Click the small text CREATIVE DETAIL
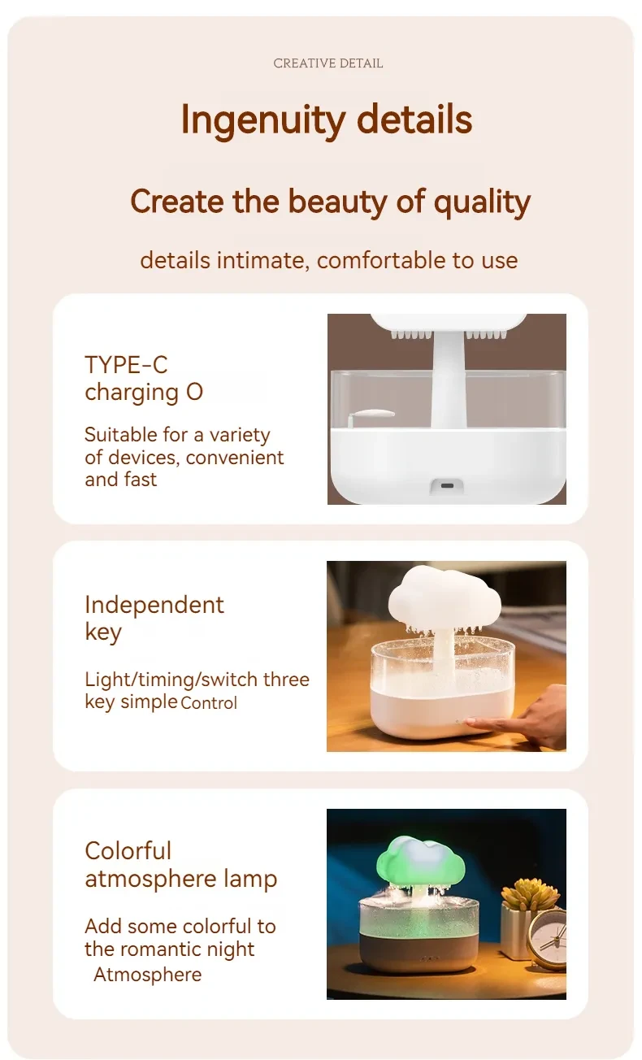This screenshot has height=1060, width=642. click(328, 63)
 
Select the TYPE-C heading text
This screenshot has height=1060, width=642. click(126, 364)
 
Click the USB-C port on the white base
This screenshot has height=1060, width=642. click(447, 485)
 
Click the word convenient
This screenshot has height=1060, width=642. click(235, 458)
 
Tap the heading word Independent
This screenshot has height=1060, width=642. click(154, 605)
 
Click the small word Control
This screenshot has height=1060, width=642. click(209, 703)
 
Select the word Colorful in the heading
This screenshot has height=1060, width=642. click(128, 851)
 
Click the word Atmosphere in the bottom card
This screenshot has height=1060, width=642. click(147, 975)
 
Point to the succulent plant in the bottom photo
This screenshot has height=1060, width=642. click(531, 893)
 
